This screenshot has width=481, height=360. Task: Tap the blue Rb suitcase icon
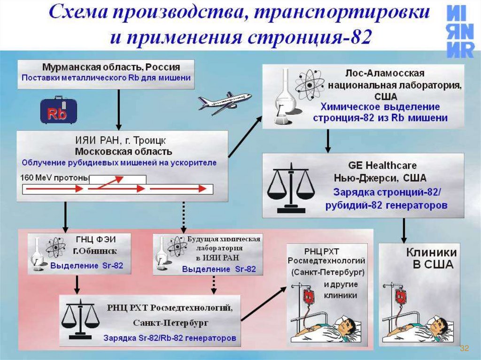[x=59, y=110]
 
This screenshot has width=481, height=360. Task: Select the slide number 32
[x=464, y=348]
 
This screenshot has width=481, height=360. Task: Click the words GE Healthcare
[x=382, y=166]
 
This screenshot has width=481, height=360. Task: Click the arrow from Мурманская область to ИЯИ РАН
[x=119, y=110]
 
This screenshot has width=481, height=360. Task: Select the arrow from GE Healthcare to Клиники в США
[x=403, y=230]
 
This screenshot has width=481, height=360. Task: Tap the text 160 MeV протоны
[x=54, y=178]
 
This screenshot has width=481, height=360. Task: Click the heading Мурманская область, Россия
[x=111, y=67]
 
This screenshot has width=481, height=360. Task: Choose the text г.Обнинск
[x=95, y=251]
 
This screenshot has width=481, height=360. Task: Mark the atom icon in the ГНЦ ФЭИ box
[x=55, y=247]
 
